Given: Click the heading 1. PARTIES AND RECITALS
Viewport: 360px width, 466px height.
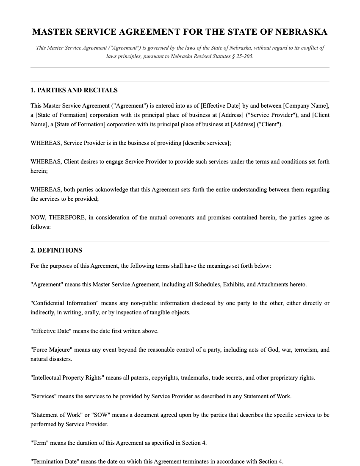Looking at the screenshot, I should click(74, 90).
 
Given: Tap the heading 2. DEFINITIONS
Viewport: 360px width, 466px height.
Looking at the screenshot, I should click(56, 250).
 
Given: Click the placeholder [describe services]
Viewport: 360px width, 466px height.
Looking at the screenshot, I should click(207, 143).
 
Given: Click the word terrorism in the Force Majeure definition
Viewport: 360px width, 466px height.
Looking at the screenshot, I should click(303, 349).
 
